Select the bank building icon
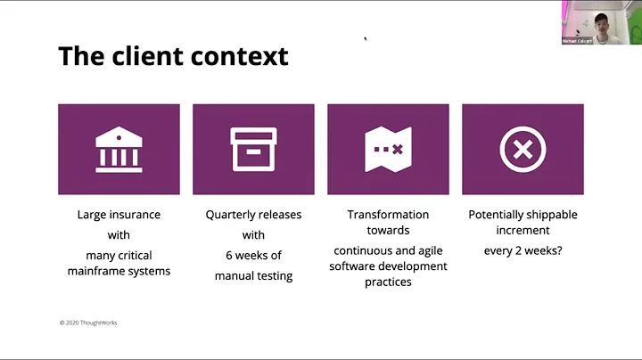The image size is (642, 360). [x=119, y=149]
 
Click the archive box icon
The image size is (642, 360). [x=253, y=149]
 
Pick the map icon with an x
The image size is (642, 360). [x=388, y=149]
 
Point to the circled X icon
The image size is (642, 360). [x=523, y=149]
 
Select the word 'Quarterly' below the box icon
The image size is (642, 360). [x=233, y=215]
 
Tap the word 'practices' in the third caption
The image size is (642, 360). [x=388, y=282]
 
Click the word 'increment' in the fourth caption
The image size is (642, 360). [x=523, y=230]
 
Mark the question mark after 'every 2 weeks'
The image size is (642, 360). [x=558, y=250]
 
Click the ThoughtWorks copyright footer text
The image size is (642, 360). [x=88, y=323]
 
